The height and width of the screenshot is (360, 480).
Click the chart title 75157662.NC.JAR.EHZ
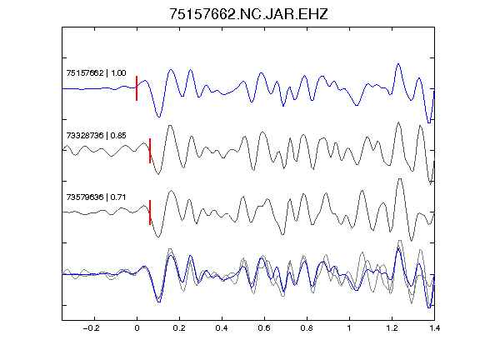coord(248,14)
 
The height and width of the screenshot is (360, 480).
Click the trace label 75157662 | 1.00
coord(96,72)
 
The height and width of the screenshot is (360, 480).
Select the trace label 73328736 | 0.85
coord(96,135)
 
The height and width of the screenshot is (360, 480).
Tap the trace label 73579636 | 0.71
coord(96,197)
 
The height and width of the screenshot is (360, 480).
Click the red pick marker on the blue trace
coord(137,88)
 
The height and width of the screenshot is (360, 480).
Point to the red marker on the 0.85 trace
coord(150,151)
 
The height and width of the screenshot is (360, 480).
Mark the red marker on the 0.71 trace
coord(150,212)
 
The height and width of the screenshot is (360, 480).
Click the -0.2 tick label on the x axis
coord(92,328)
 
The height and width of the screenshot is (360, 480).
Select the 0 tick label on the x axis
coord(137,328)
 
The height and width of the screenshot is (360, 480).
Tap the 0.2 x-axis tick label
coord(179,328)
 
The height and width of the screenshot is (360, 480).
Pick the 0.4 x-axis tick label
coord(222,328)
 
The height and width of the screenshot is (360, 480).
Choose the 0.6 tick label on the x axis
coord(264,328)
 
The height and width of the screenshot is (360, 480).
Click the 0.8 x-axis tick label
coord(307,328)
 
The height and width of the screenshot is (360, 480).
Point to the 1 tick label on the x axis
coord(349,328)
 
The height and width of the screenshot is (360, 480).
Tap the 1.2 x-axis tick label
coord(392,328)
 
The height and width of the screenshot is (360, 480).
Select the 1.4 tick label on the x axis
coord(434,328)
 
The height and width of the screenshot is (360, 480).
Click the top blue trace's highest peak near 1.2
coord(398,64)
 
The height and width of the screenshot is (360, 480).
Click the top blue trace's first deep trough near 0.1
coord(159,117)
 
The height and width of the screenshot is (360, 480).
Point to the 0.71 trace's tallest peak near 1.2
coord(400,179)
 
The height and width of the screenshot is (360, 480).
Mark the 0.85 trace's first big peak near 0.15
coord(170,126)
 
